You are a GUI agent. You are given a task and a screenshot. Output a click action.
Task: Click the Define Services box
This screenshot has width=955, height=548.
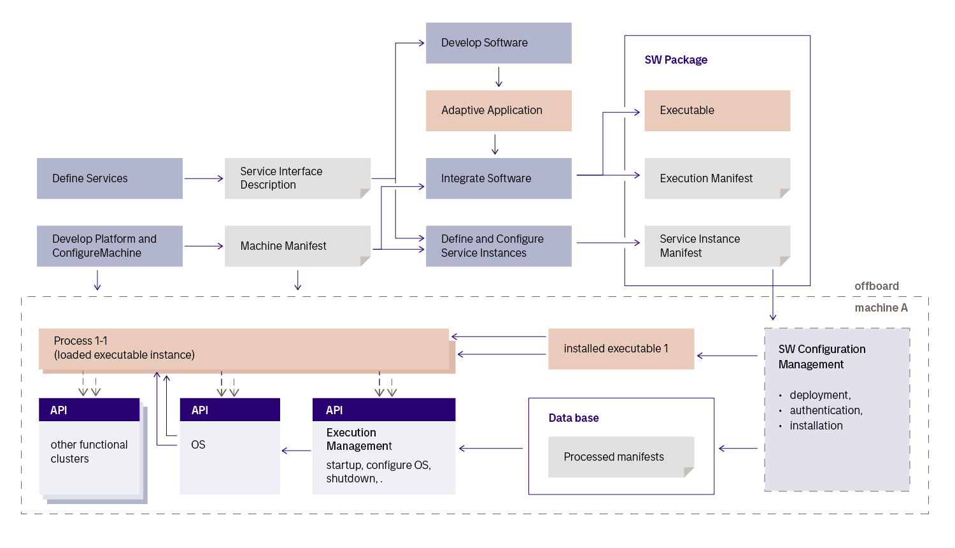point(110,178)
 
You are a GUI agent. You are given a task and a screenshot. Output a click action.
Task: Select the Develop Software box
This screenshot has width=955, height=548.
point(499,43)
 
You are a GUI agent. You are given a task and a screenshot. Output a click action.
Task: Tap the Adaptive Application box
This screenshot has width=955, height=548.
point(499,110)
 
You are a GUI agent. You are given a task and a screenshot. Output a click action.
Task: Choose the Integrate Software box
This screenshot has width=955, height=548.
point(499,178)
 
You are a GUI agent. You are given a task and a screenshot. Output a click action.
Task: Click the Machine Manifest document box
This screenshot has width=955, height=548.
point(297,246)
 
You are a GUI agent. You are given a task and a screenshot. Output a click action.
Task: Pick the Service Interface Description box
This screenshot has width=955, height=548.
point(297,178)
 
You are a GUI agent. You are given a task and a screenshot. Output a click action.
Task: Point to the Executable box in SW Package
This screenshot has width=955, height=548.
point(717,110)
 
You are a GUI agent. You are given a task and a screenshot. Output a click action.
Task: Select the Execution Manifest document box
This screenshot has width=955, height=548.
point(717,178)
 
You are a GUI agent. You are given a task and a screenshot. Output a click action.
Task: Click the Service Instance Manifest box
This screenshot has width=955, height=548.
point(717,246)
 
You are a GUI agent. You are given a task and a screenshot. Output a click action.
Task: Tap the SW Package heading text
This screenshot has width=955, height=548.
point(676,60)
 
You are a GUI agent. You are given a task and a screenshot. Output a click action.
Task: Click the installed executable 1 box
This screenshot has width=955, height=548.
point(621,349)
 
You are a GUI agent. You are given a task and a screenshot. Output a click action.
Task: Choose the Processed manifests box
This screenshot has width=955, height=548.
point(621,457)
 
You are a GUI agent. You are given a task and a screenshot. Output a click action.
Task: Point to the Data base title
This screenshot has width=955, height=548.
point(574,418)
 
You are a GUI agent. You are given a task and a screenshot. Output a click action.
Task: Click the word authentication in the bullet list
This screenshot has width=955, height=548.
point(826,410)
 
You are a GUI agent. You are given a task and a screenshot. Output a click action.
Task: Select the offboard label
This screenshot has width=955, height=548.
point(877,286)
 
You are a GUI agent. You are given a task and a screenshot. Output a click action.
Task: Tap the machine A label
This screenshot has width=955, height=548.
point(881,308)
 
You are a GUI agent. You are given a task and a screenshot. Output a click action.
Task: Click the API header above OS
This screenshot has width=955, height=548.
point(230,410)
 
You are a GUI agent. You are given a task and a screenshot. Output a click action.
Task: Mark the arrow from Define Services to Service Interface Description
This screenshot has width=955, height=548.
point(204,178)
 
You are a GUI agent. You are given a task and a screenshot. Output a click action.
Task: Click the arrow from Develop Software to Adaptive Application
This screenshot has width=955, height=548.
point(499,77)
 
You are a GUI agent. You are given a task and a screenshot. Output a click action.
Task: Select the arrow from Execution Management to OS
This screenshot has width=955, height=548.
point(296,451)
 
